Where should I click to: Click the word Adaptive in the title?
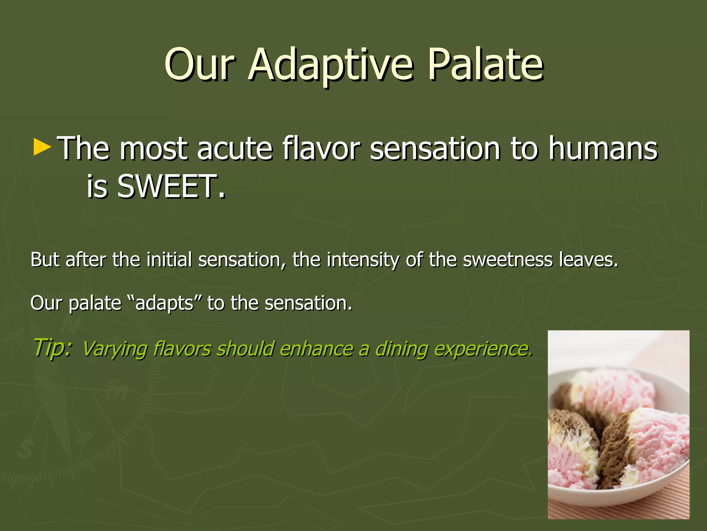pos(331,65)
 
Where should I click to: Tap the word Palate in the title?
pos(485,65)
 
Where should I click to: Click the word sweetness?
pos(507,260)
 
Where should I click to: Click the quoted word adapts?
pos(164,303)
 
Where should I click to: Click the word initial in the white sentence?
pos(169,260)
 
